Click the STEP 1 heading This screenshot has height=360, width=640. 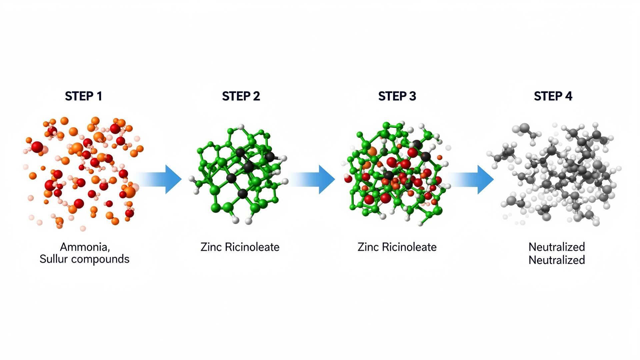tap(83, 96)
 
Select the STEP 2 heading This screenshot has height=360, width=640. tap(241, 96)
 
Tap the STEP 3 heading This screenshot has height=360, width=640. tap(397, 96)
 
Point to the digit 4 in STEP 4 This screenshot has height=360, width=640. tap(568, 96)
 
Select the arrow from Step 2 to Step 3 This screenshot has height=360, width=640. tap(312, 179)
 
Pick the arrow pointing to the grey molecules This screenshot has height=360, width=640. tap(470, 179)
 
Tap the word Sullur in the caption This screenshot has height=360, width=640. tap(52, 259)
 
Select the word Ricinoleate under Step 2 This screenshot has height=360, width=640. tap(252, 247)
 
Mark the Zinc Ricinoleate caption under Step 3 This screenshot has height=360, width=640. tap(397, 247)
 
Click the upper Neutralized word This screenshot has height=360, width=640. tap(557, 247)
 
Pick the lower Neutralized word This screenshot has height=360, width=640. tap(557, 260)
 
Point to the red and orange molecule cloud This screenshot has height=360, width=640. tap(83, 173)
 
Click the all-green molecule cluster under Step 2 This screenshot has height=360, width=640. tap(240, 173)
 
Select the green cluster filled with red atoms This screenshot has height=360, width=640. tap(397, 173)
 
